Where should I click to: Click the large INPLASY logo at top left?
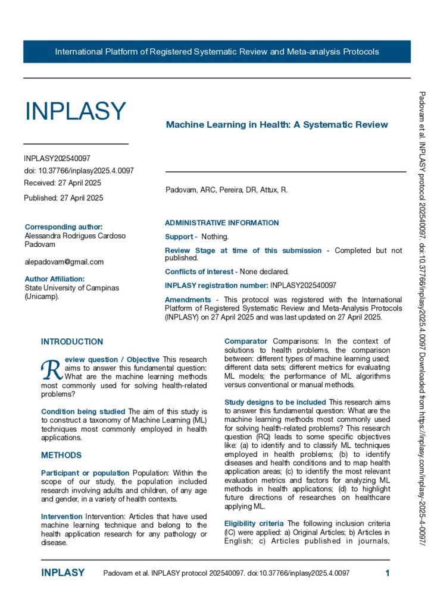[75, 111]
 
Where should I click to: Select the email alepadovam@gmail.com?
[64, 262]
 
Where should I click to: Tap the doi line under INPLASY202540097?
[79, 171]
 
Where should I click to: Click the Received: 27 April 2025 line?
[63, 183]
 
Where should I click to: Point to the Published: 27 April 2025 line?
[63, 198]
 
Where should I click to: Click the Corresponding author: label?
[64, 227]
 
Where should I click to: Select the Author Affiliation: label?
[55, 278]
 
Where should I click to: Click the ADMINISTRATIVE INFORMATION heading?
[221, 223]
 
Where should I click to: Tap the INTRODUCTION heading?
[72, 342]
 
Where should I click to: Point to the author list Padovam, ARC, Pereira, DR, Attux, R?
[226, 190]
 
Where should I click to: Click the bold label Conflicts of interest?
[201, 271]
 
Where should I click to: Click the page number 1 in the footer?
[388, 573]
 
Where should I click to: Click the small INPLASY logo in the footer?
[63, 573]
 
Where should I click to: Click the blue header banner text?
[217, 52]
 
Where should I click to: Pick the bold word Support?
[179, 237]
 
